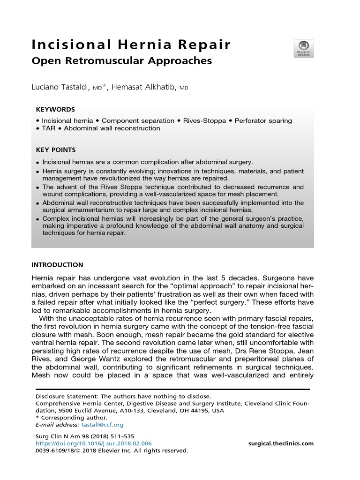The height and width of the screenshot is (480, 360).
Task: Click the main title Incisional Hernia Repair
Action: coord(131,45)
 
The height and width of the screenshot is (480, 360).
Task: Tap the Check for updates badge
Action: coord(303,49)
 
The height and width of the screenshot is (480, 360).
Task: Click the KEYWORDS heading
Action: coord(55,109)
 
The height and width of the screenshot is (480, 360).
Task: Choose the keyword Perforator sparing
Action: coord(263,120)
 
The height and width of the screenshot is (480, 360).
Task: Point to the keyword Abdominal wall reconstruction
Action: coord(112,128)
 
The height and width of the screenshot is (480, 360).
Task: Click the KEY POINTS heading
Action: coord(56,150)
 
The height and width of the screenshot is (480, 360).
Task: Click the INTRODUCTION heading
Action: coord(57,265)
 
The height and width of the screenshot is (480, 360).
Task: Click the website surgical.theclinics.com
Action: coord(280,443)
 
